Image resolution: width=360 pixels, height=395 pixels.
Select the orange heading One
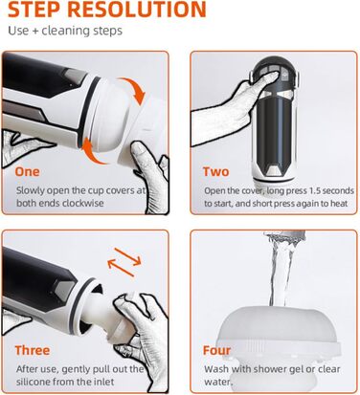tap(28, 171)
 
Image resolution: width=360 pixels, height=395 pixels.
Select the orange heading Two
tap(216, 172)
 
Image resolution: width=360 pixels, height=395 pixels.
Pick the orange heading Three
tap(33, 350)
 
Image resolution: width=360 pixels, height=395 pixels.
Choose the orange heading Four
tap(216, 350)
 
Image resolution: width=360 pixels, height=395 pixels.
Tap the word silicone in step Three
tap(34, 382)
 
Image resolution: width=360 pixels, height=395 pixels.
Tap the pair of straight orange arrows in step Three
tap(124, 262)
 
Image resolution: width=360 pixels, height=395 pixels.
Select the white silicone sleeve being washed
tap(277, 343)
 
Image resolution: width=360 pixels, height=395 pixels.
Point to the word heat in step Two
tap(339, 204)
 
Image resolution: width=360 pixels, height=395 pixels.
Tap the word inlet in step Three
tap(104, 382)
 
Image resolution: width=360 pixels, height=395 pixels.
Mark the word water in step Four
tap(218, 382)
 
